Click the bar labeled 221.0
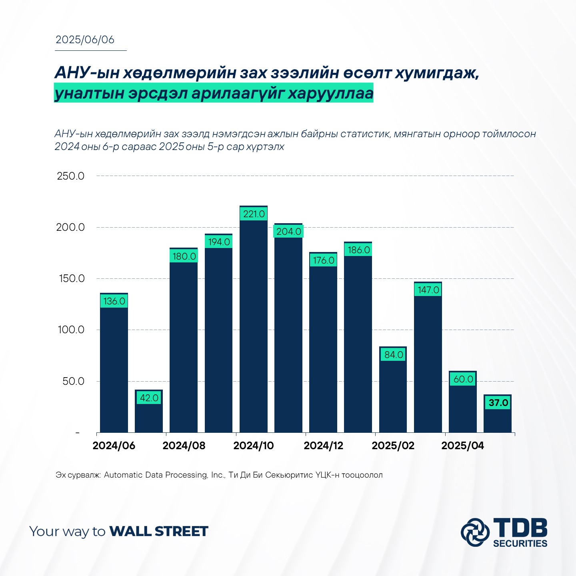pyautogui.click(x=254, y=319)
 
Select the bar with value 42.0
pyautogui.click(x=148, y=411)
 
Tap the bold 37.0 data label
pyautogui.click(x=498, y=403)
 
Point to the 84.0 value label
pyautogui.click(x=393, y=355)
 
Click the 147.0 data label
pyautogui.click(x=428, y=290)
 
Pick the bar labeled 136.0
pyautogui.click(x=114, y=362)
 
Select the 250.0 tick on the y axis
pyautogui.click(x=70, y=176)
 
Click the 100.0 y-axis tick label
pyautogui.click(x=71, y=330)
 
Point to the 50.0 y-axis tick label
pyautogui.click(x=73, y=381)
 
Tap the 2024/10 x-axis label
pyautogui.click(x=254, y=445)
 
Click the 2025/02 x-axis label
pyautogui.click(x=393, y=445)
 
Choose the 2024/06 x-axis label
pyautogui.click(x=114, y=445)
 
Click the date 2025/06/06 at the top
pyautogui.click(x=85, y=40)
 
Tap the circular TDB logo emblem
pyautogui.click(x=475, y=532)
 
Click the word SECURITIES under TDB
pyautogui.click(x=520, y=543)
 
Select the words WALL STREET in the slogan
pyautogui.click(x=159, y=532)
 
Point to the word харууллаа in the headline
pyautogui.click(x=330, y=93)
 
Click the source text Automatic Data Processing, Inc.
pyautogui.click(x=164, y=475)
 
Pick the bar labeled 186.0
pyautogui.click(x=358, y=337)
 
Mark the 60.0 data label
pyautogui.click(x=463, y=379)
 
